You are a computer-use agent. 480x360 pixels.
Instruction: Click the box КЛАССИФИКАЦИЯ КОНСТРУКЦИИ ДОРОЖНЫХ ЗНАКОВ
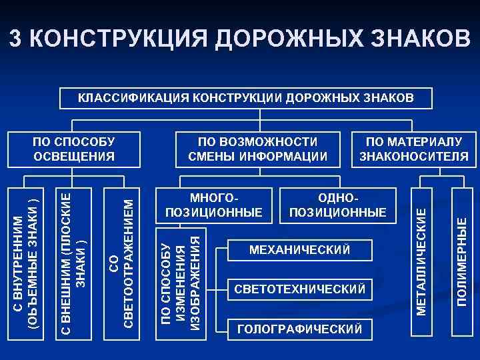point(246,98)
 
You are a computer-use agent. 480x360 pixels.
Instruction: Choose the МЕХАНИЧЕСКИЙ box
point(299,250)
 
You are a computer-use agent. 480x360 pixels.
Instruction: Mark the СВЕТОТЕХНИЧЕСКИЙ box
point(299,289)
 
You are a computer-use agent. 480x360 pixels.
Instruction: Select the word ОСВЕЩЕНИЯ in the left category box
point(74,157)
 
